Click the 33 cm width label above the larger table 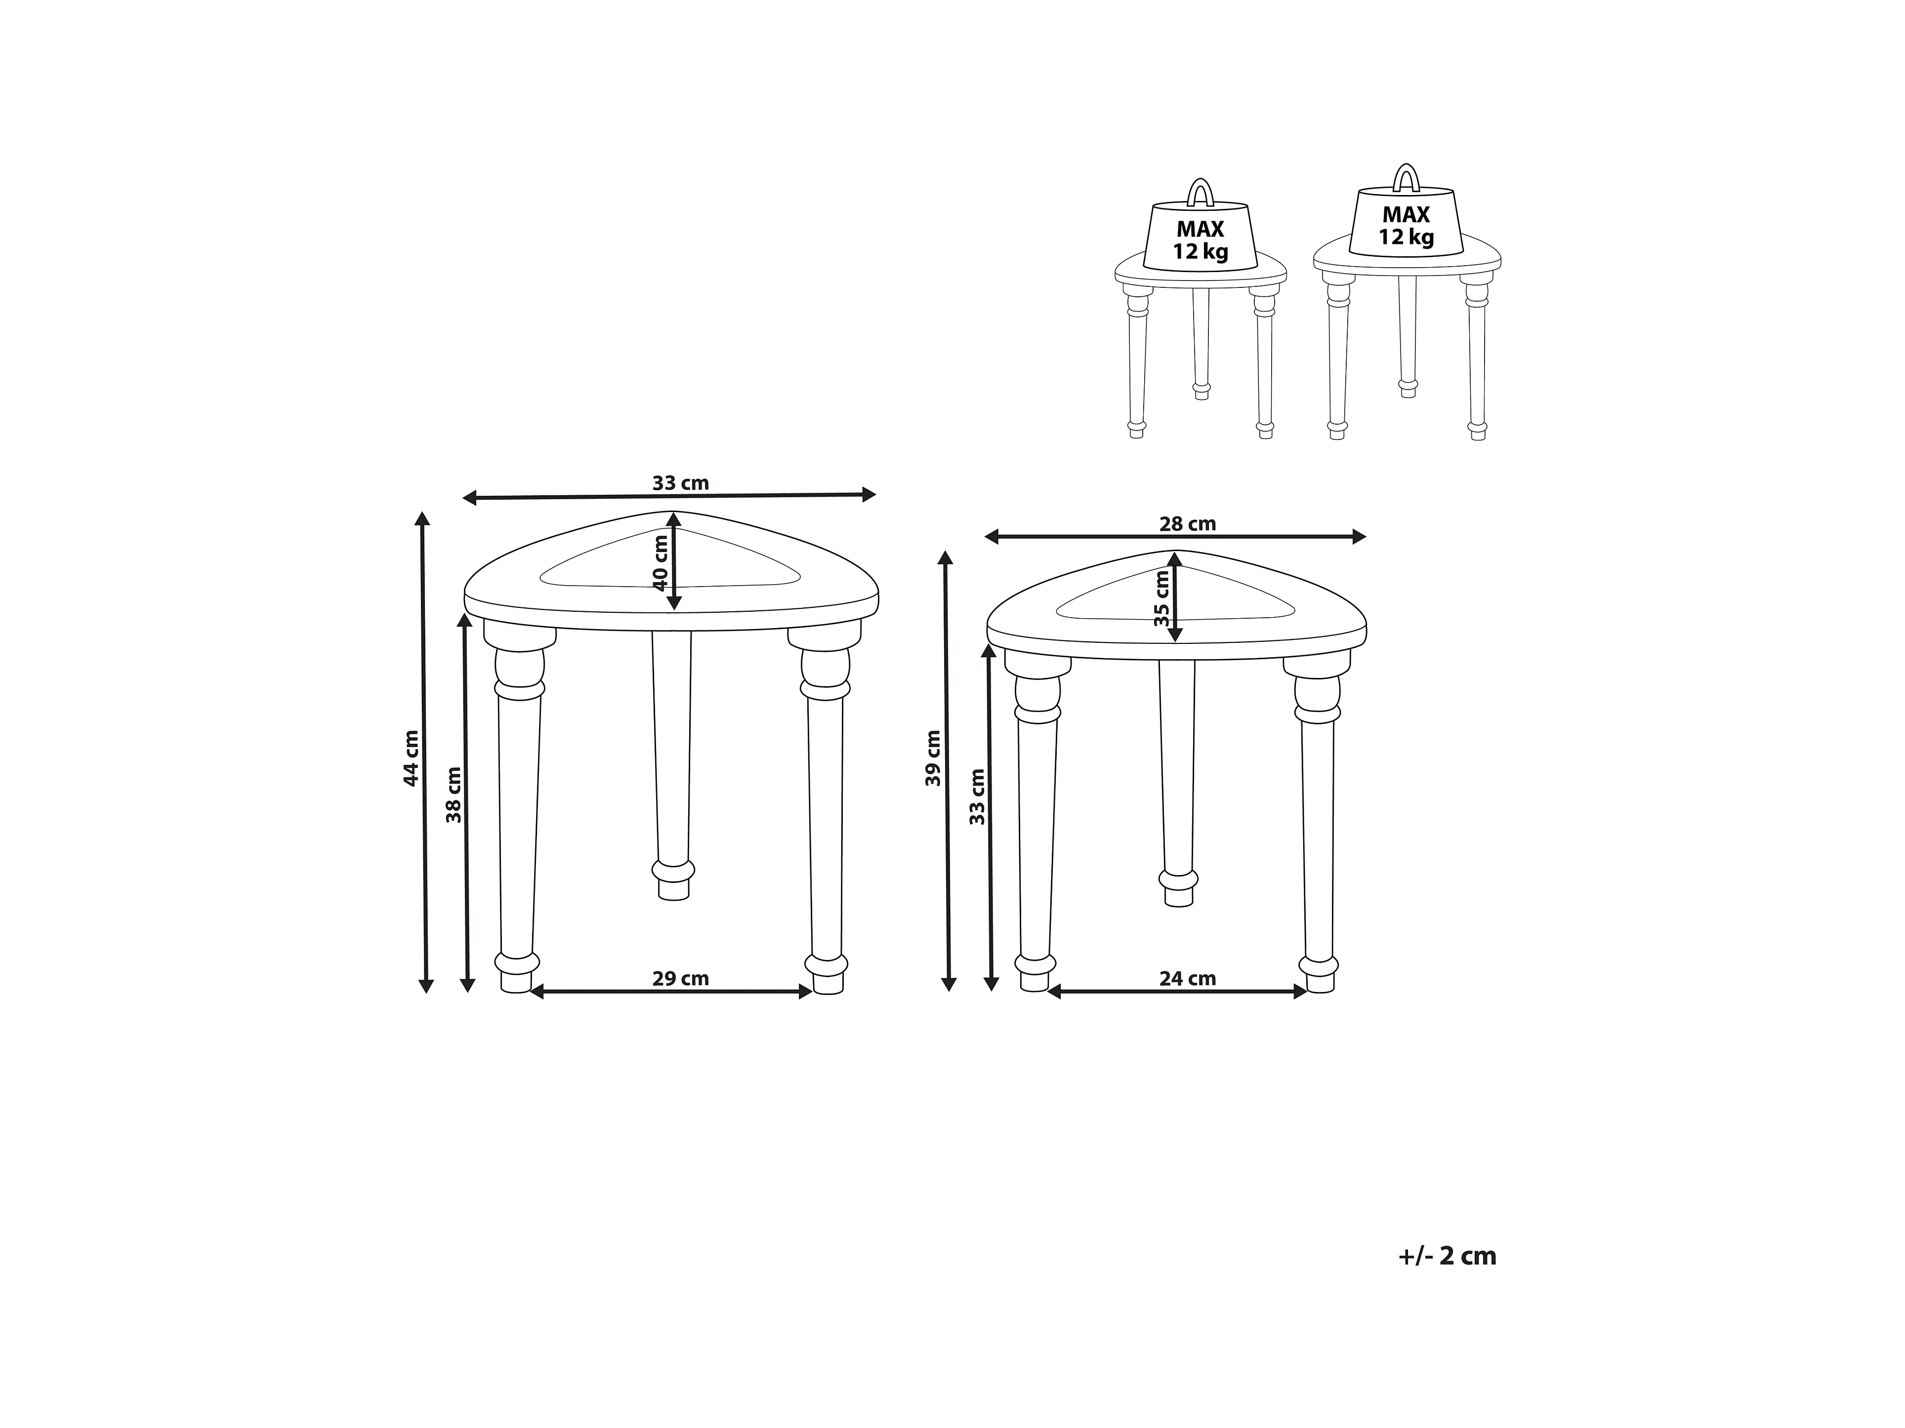click(x=680, y=483)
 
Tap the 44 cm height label click(x=412, y=757)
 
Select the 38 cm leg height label click(x=454, y=794)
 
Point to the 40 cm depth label click(x=661, y=563)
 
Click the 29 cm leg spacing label click(x=680, y=979)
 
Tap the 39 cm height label click(x=934, y=757)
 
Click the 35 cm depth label click(x=1162, y=600)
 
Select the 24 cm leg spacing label click(x=1188, y=979)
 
